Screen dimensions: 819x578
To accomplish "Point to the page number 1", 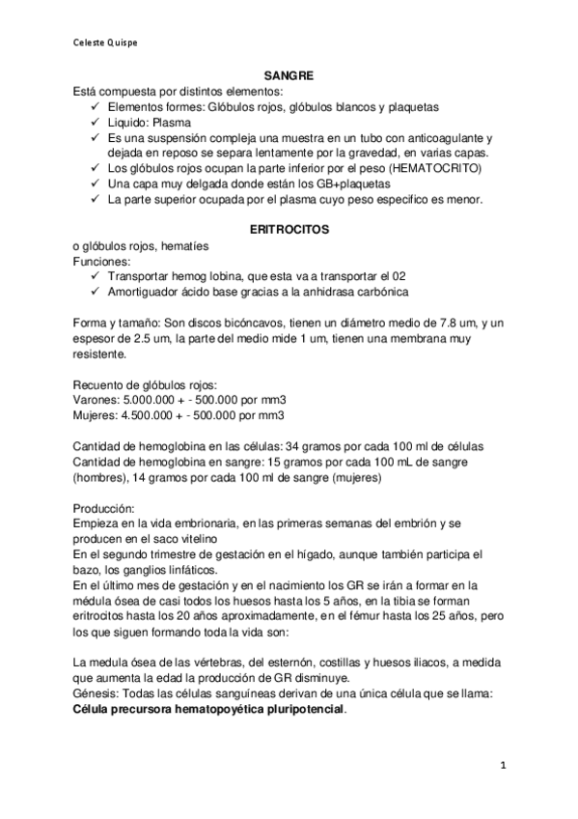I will coord(504,765).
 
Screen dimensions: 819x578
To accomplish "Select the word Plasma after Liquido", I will coord(172,122).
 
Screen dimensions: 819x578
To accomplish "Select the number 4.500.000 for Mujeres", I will coord(154,415).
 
